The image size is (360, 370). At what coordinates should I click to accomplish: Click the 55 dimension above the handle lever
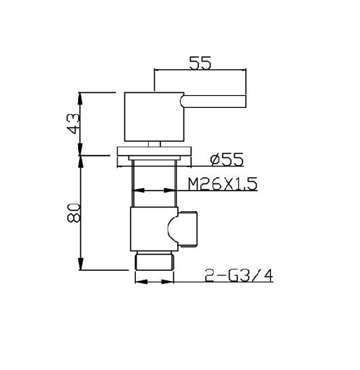(200, 63)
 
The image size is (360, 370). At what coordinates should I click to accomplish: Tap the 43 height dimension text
(73, 124)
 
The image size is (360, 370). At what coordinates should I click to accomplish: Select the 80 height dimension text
(73, 213)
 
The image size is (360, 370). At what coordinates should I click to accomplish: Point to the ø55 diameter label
(227, 160)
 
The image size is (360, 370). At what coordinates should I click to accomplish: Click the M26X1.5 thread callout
(223, 184)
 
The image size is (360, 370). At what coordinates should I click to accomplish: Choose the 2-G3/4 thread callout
(239, 276)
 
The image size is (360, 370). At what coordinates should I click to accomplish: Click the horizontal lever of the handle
(213, 101)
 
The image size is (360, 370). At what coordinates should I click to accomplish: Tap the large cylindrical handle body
(154, 117)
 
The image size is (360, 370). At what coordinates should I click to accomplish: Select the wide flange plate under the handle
(154, 151)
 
